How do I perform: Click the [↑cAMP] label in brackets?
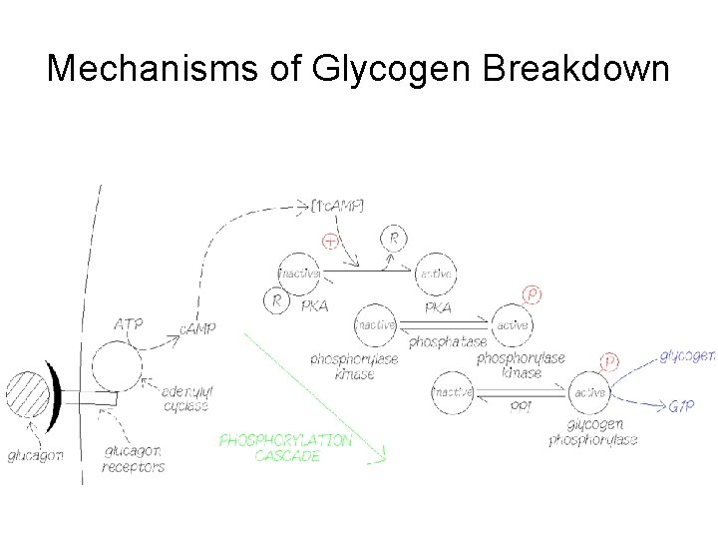click(337, 206)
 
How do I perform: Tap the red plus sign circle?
click(330, 242)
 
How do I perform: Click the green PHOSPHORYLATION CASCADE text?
click(285, 448)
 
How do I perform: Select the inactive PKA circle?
click(299, 273)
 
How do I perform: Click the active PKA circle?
click(437, 273)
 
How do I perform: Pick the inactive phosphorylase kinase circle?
click(375, 324)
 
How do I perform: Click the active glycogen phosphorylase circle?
click(589, 393)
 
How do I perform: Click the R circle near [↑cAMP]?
click(394, 239)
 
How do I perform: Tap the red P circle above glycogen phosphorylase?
click(609, 360)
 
